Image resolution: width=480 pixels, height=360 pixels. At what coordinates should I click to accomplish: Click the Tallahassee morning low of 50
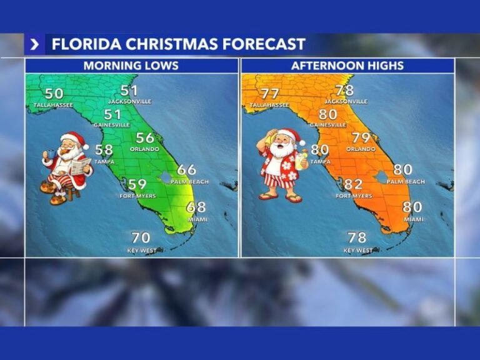tap(54, 94)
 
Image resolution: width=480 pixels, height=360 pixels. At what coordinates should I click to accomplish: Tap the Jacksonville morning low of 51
tap(129, 91)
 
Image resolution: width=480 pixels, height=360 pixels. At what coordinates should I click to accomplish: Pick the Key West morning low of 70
tap(141, 237)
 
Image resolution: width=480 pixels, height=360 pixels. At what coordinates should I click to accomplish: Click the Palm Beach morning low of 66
tap(186, 170)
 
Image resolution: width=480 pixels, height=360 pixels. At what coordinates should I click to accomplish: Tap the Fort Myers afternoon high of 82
tap(353, 184)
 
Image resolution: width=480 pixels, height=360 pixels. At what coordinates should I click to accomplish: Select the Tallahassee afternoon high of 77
tap(270, 94)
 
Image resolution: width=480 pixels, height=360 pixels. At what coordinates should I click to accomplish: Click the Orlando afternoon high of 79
tap(361, 137)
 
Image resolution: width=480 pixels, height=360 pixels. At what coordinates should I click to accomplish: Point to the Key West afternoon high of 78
tap(357, 237)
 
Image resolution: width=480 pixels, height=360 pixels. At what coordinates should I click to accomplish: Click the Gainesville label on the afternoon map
tap(328, 125)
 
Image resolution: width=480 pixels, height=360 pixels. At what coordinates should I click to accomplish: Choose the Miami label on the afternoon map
tap(413, 219)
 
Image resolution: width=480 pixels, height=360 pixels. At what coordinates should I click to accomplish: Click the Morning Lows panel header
tap(131, 66)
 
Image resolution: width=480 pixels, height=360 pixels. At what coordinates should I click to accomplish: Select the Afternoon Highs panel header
tap(347, 66)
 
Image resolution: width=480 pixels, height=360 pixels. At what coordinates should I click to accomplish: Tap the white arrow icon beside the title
tap(34, 44)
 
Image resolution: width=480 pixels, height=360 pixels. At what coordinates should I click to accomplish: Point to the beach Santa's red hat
tap(288, 134)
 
